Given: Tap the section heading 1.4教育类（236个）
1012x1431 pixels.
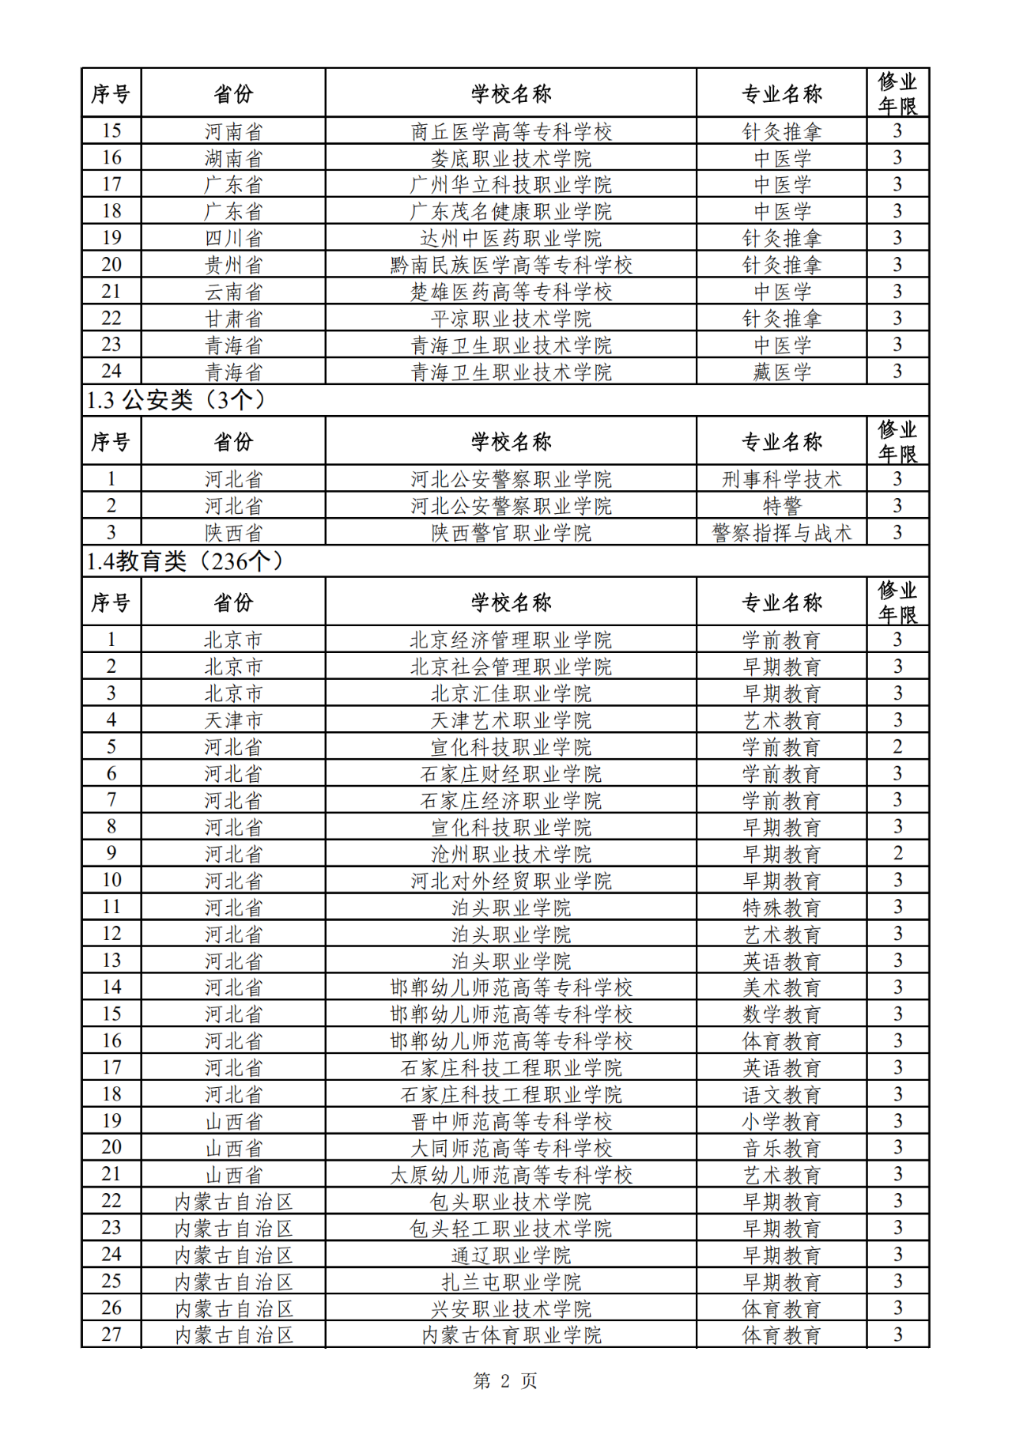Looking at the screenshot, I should (x=185, y=561).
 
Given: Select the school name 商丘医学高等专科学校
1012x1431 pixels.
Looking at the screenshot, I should (x=511, y=131).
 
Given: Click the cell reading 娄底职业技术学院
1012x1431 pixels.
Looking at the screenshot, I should (x=511, y=158).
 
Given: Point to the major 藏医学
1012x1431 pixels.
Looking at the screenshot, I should (x=781, y=372).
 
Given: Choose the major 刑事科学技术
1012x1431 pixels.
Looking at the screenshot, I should (x=781, y=479).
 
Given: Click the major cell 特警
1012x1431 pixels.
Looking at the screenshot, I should (x=781, y=506).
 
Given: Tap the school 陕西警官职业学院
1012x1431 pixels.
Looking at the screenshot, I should (x=511, y=533).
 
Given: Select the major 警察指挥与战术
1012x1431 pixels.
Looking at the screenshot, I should (x=781, y=533).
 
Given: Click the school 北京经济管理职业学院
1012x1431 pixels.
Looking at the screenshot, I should (x=511, y=640).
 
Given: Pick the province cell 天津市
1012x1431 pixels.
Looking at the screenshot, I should (x=233, y=720).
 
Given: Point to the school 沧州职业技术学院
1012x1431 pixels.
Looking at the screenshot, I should (x=511, y=854).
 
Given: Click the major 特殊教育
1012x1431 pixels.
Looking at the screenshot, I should (x=781, y=908).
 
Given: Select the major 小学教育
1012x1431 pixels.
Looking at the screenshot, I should (x=781, y=1121).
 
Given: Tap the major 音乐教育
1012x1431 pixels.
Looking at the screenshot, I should (x=781, y=1148).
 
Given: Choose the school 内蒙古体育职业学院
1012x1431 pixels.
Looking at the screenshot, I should (x=511, y=1335).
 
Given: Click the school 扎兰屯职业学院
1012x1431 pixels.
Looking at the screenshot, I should (x=511, y=1282).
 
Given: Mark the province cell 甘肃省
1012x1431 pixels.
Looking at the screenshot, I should (x=233, y=319).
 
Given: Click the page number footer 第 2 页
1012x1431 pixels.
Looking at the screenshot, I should (x=505, y=1380).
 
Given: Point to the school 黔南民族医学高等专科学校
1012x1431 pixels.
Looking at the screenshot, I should (x=511, y=265).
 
